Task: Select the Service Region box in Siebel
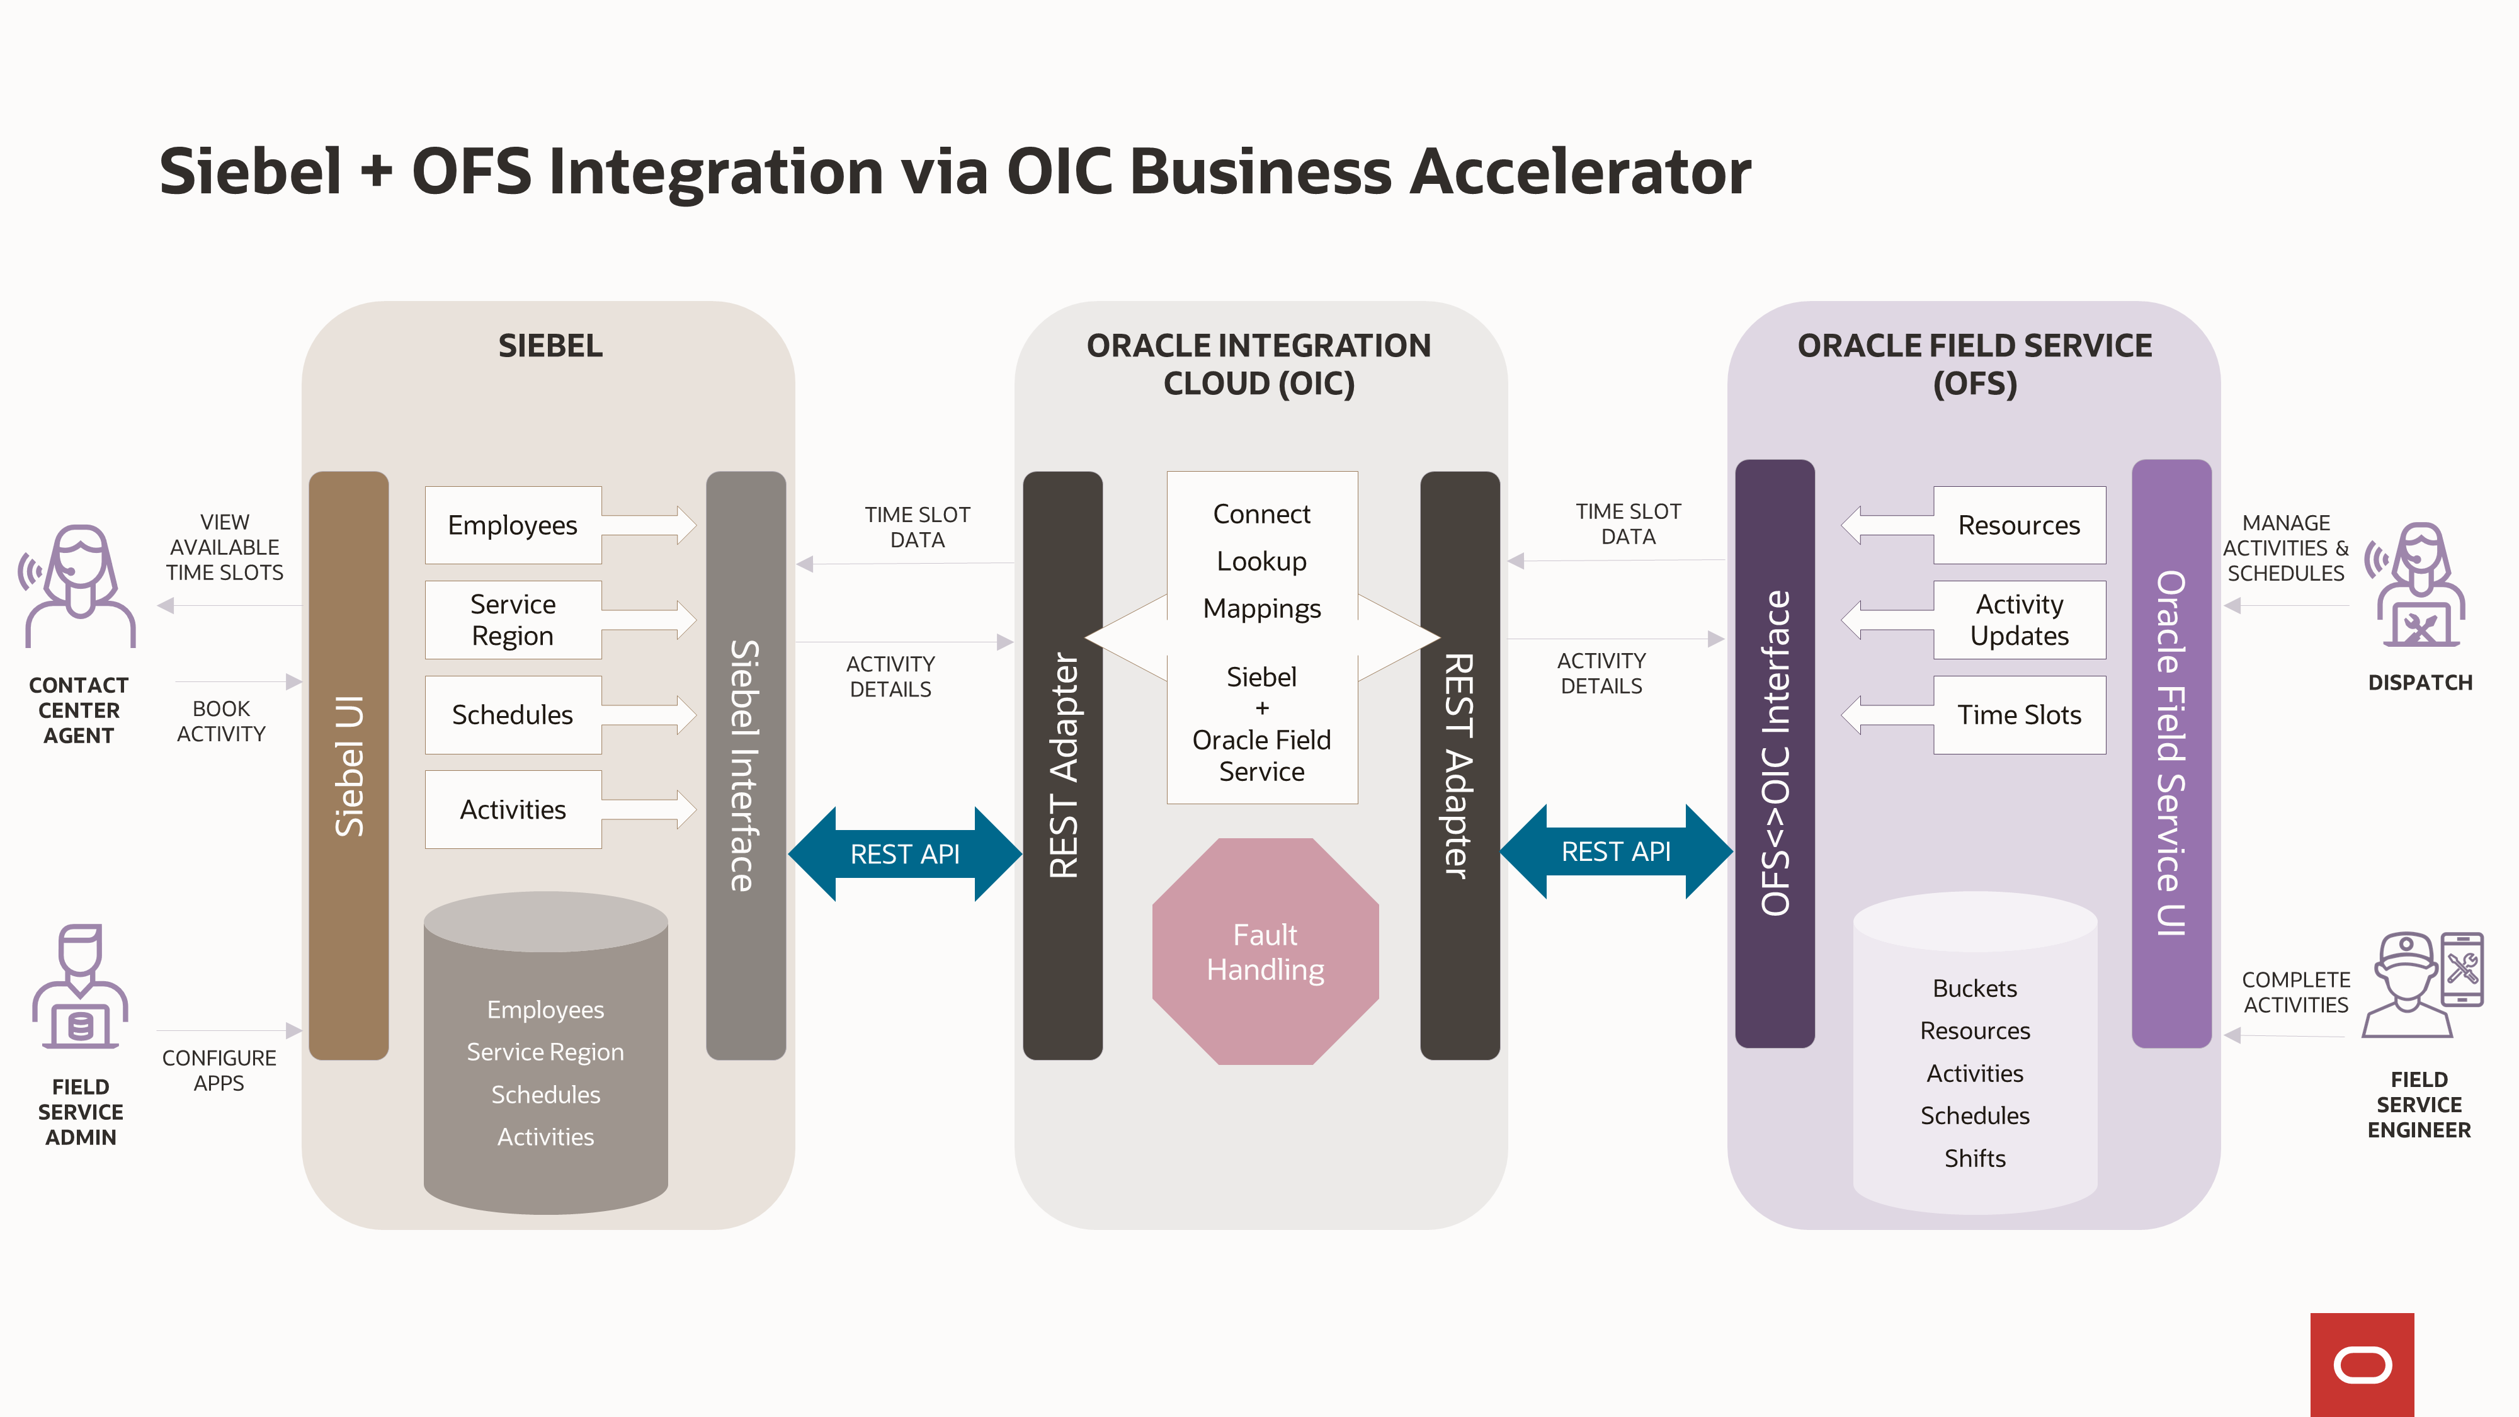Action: pos(513,619)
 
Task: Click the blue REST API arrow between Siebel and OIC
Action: pos(904,854)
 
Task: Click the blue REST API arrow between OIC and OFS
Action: pos(1615,851)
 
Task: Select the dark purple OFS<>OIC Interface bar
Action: pos(1774,753)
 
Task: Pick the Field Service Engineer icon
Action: pos(2420,984)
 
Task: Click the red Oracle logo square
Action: pos(2362,1363)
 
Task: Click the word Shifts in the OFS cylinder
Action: pos(1974,1158)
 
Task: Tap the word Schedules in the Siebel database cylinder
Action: pos(545,1095)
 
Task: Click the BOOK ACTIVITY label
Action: pos(221,720)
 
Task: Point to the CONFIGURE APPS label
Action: pos(219,1070)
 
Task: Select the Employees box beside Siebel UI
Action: pos(513,525)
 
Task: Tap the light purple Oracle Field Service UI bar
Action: pos(2170,753)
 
